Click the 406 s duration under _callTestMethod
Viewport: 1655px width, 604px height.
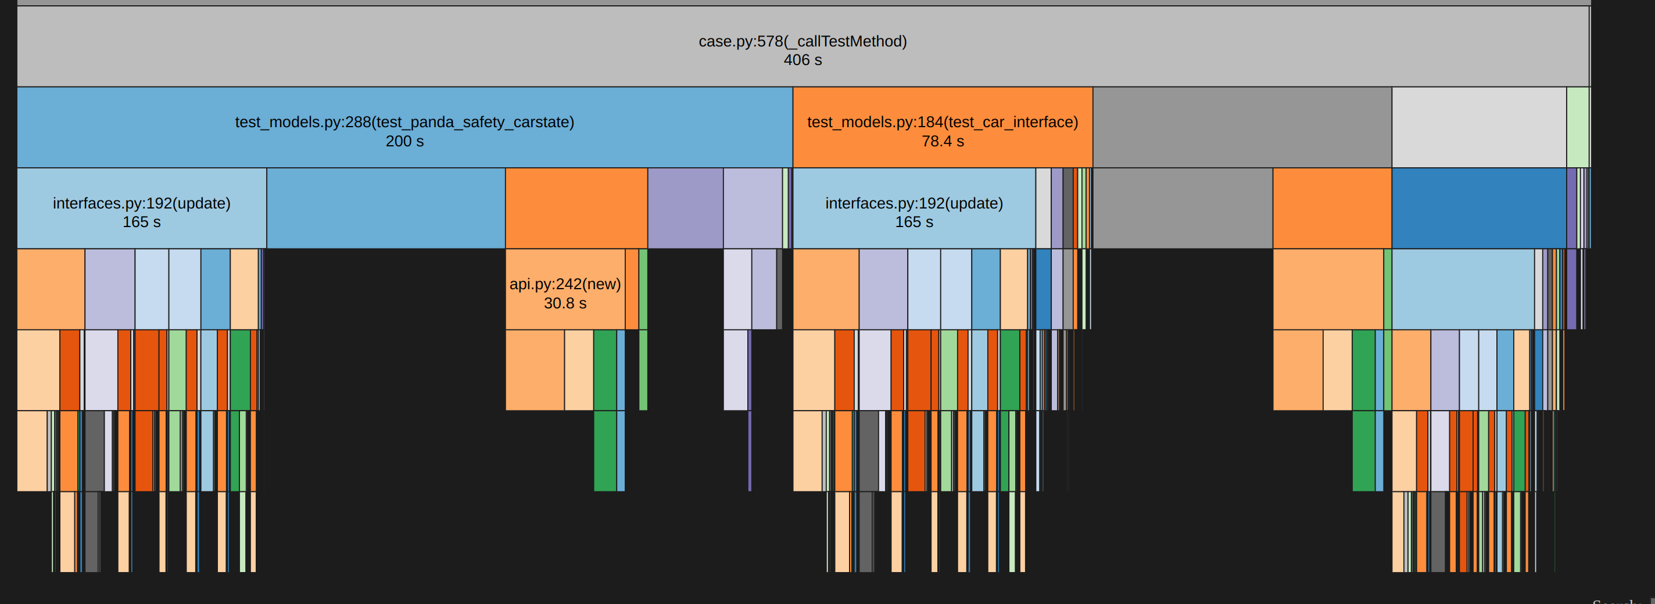coord(803,60)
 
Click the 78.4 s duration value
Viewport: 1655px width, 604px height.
coord(943,141)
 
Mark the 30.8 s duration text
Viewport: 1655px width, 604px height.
coord(565,304)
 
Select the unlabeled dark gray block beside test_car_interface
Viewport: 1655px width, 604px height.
coord(1241,127)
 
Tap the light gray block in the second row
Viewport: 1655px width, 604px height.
coord(1478,127)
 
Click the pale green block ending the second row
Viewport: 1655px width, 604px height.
coord(1577,127)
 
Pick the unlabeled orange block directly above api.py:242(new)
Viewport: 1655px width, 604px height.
coord(576,208)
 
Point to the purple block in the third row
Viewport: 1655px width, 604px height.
coord(685,208)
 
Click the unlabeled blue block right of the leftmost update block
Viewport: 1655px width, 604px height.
coord(385,208)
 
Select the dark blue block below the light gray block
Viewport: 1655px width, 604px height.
coord(1478,208)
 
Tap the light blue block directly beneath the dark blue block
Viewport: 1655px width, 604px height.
coord(1462,289)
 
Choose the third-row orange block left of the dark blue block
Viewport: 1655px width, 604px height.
coord(1331,208)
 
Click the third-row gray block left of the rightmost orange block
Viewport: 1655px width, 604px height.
coord(1182,208)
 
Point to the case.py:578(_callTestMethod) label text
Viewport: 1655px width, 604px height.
coord(803,42)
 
